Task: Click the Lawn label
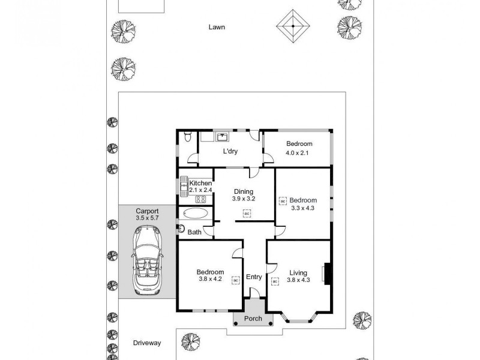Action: [217, 27]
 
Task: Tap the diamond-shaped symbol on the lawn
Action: [292, 26]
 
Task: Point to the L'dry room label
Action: [230, 151]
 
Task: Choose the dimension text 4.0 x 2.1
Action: [299, 153]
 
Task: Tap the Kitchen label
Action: [200, 183]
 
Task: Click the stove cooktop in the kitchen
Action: [201, 199]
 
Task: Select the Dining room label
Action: [243, 192]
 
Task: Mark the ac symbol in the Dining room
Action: [246, 212]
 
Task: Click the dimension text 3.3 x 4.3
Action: [302, 208]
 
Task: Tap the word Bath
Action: [194, 232]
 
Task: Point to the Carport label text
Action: [146, 211]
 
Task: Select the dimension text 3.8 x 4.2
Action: [211, 278]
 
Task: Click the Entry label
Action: [254, 277]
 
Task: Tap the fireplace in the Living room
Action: [326, 274]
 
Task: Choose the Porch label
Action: [253, 319]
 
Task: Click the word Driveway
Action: [147, 343]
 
